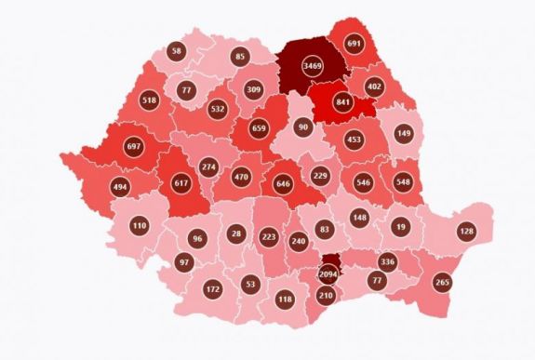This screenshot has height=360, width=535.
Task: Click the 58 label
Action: click(178, 50)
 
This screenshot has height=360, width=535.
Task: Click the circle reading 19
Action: click(398, 226)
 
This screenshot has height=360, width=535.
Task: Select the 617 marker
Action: click(181, 183)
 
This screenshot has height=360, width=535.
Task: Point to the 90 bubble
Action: click(301, 127)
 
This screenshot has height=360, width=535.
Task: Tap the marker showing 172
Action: click(213, 290)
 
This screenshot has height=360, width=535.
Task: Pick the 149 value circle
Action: click(403, 133)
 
